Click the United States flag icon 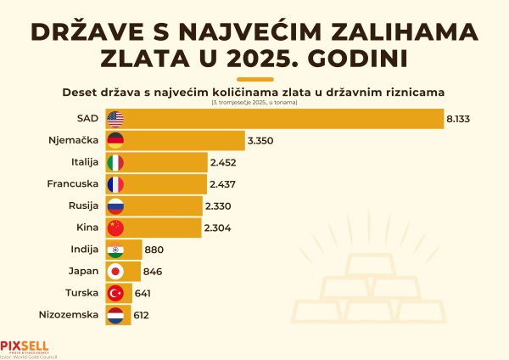(x=116, y=119)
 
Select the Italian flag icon (x=116, y=162)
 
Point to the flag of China (x=116, y=228)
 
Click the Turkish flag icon (x=116, y=293)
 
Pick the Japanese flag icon (x=116, y=272)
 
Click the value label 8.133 (x=457, y=119)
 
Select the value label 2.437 (x=222, y=184)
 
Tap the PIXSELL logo (x=25, y=347)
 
